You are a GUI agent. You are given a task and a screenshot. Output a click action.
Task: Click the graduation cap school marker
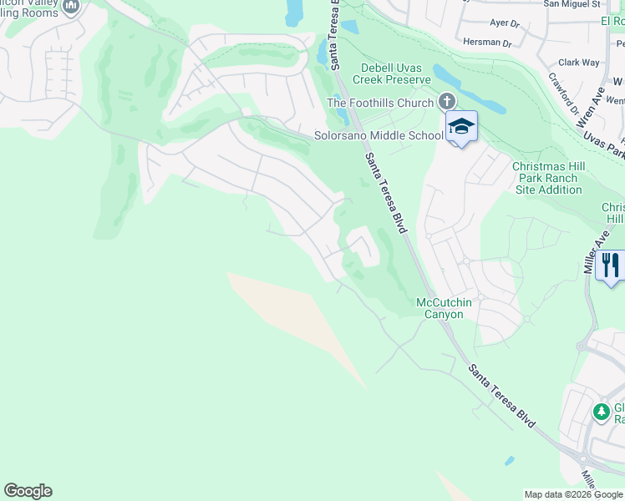(x=460, y=126)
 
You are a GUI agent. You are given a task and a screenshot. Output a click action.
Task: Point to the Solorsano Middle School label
(x=378, y=135)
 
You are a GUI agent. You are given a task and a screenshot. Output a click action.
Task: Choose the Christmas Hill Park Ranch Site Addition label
(x=548, y=178)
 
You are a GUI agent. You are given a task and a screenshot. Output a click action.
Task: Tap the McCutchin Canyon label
(x=440, y=308)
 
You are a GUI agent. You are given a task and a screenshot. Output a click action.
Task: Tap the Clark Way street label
(x=579, y=62)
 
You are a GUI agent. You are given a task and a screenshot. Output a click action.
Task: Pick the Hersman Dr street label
(x=488, y=42)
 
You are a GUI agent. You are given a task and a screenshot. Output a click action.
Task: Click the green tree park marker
(x=601, y=412)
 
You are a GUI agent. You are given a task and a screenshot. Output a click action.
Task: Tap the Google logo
(x=28, y=491)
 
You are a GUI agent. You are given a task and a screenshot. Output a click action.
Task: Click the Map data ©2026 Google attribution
(x=573, y=494)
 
